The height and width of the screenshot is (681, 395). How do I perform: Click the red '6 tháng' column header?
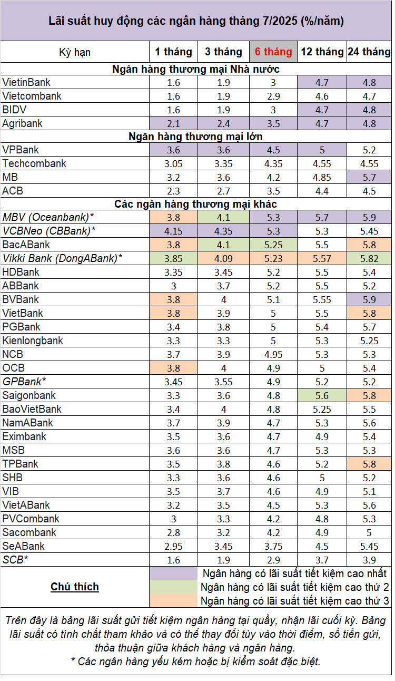[x=273, y=52]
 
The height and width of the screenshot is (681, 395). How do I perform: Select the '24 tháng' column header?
[x=369, y=52]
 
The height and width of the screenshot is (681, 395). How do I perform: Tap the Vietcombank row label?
[x=32, y=96]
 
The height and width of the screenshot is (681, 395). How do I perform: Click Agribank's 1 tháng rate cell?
[x=173, y=124]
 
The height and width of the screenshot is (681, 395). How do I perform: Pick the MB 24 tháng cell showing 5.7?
[x=369, y=177]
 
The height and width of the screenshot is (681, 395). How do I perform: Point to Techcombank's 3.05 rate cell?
[x=173, y=163]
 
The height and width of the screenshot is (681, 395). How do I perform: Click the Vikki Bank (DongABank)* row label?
[x=62, y=258]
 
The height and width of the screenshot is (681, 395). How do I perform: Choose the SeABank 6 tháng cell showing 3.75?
[x=273, y=546]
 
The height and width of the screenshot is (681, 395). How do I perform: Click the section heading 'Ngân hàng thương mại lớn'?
[x=195, y=137]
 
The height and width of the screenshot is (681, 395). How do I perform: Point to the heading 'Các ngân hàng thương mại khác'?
[x=195, y=204]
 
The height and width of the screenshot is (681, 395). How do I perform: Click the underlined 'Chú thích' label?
[x=75, y=587]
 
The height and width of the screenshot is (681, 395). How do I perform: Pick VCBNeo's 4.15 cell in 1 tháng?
[x=173, y=231]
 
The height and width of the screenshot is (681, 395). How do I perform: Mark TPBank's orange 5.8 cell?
[x=369, y=464]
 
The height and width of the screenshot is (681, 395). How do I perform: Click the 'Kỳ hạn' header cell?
[x=75, y=52]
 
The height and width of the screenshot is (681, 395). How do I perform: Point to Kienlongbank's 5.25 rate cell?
[x=369, y=340]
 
